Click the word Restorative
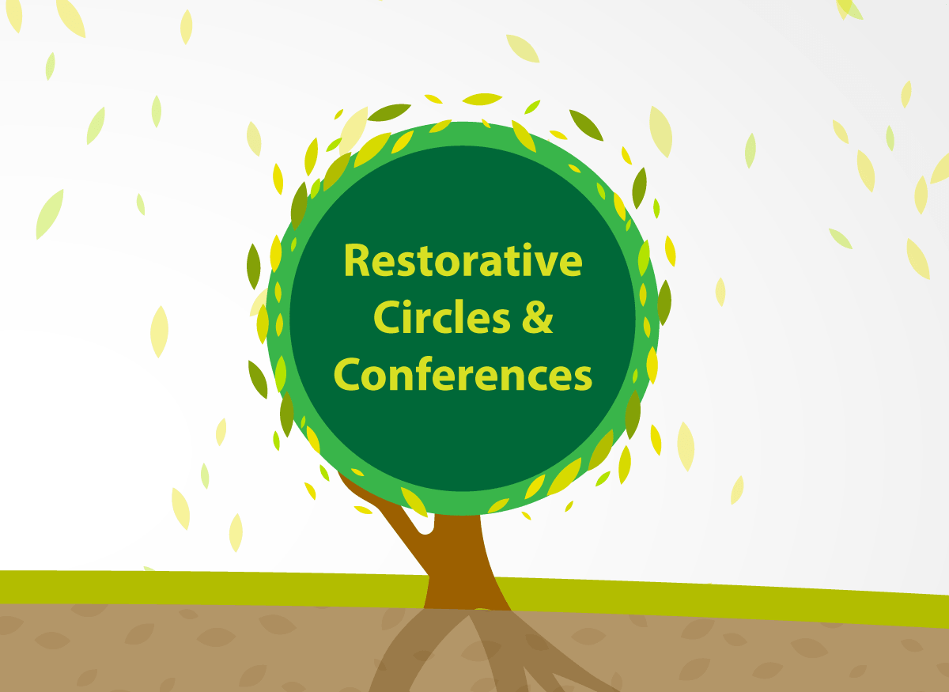pyautogui.click(x=463, y=259)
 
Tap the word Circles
pyautogui.click(x=441, y=317)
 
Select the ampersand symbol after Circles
pyautogui.click(x=537, y=317)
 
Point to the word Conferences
pyautogui.click(x=463, y=373)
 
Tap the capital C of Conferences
pyautogui.click(x=347, y=374)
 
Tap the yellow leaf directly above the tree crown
pyautogui.click(x=482, y=99)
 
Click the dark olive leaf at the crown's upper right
pyautogui.click(x=586, y=125)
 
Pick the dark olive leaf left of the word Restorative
pyautogui.click(x=253, y=267)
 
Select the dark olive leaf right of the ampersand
pyautogui.click(x=664, y=303)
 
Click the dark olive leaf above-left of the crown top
pyautogui.click(x=388, y=112)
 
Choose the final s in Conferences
pyautogui.click(x=583, y=378)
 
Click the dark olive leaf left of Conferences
pyautogui.click(x=258, y=380)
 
